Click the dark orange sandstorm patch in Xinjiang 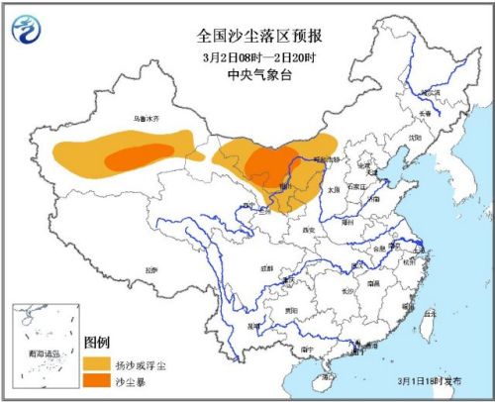tap(137, 156)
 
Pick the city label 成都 tap(265, 266)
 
